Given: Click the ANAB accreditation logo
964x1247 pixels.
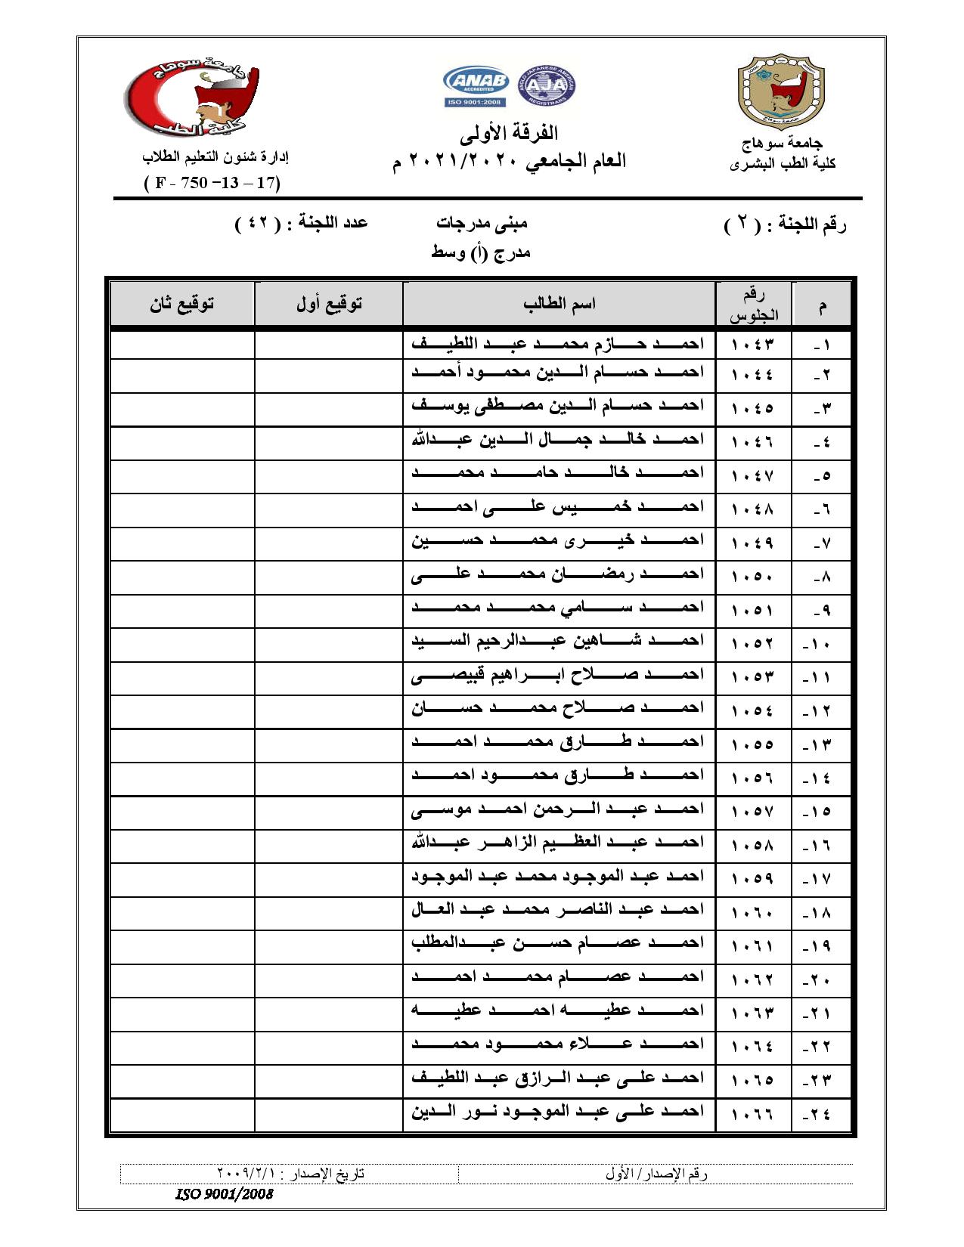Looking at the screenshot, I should [476, 87].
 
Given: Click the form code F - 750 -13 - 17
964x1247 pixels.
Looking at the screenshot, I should [212, 183].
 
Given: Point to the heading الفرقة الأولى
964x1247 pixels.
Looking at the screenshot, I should [509, 135].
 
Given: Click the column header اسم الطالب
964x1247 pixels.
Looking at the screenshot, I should [559, 304].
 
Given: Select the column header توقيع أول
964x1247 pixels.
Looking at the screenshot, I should [329, 304].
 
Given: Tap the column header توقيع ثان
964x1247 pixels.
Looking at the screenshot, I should [182, 304].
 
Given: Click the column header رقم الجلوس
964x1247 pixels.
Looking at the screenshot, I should [753, 305].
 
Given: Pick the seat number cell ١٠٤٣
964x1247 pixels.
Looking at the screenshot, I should [753, 345].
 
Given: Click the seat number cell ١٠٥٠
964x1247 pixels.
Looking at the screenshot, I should [753, 577].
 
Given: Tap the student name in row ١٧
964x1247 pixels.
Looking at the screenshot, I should [558, 876].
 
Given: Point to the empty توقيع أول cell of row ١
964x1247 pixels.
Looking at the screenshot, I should [329, 345].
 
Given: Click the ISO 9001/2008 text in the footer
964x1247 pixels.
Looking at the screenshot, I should [224, 1194].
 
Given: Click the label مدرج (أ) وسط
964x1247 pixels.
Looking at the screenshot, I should [481, 252].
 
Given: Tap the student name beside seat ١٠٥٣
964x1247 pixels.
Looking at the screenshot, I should [558, 675].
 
